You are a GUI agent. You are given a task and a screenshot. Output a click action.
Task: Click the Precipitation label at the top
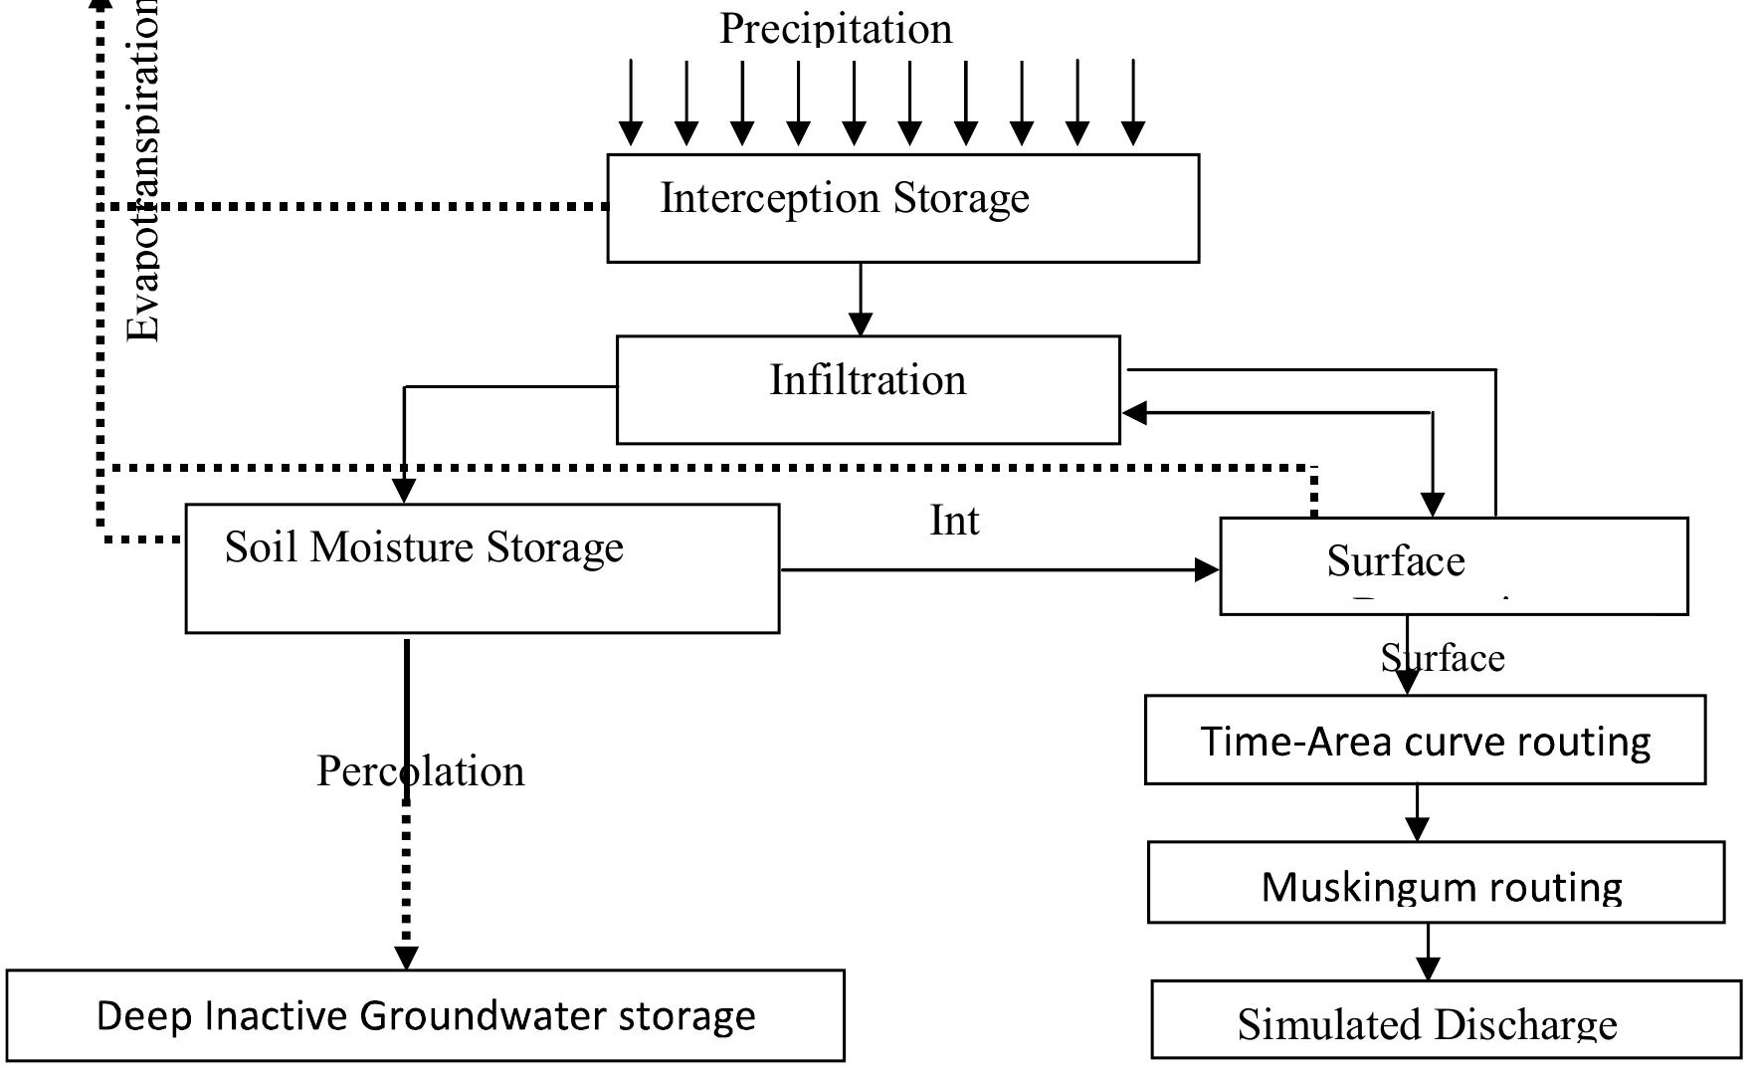pyautogui.click(x=836, y=28)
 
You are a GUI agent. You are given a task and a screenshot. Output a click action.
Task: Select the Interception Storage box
pyautogui.click(x=902, y=208)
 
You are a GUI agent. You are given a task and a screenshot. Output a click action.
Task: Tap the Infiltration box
pyautogui.click(x=868, y=389)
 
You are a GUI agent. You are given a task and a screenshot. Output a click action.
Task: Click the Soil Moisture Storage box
pyautogui.click(x=482, y=568)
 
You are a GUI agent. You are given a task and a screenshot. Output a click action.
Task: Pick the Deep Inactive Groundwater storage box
pyautogui.click(x=426, y=1015)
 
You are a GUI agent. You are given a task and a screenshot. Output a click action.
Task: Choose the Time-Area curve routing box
pyautogui.click(x=1425, y=741)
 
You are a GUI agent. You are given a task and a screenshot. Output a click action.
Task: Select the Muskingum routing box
pyautogui.click(x=1436, y=883)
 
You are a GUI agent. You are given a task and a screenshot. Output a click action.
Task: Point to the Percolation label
pyautogui.click(x=420, y=771)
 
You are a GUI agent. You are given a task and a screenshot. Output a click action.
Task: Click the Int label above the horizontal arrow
pyautogui.click(x=954, y=521)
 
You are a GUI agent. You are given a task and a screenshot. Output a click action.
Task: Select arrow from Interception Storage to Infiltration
pyautogui.click(x=861, y=299)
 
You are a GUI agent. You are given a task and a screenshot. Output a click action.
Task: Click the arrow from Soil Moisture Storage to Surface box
pyautogui.click(x=999, y=570)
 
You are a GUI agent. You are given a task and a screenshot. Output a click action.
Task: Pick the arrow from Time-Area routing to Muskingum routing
pyautogui.click(x=1418, y=813)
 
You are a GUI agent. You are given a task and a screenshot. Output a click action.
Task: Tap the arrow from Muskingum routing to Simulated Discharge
pyautogui.click(x=1429, y=953)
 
